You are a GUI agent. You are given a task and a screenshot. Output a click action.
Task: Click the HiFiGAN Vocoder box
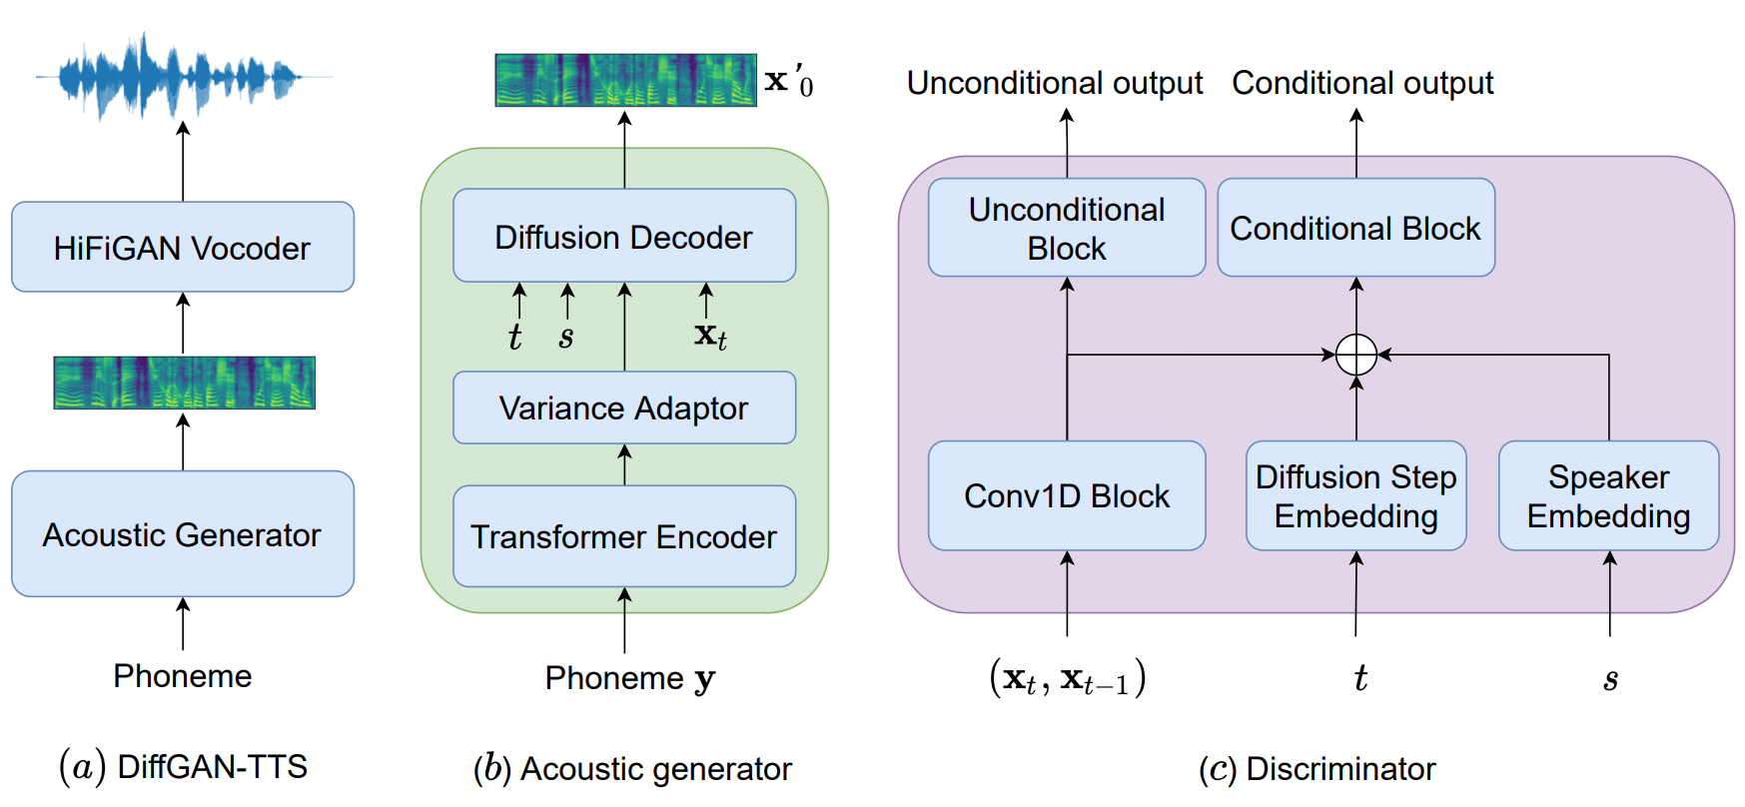click(x=183, y=247)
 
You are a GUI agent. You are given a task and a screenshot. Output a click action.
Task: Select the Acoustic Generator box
click(x=183, y=534)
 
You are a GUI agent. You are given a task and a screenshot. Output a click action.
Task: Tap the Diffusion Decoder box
click(x=624, y=236)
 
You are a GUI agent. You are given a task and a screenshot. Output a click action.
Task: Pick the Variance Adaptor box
click(x=624, y=407)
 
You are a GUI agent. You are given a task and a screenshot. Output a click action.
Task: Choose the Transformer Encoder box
click(x=624, y=536)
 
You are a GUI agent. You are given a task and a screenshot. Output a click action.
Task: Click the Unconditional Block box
click(x=1067, y=228)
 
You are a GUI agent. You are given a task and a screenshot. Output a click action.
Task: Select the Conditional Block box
click(x=1356, y=228)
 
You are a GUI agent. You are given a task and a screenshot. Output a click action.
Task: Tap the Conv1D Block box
click(x=1067, y=495)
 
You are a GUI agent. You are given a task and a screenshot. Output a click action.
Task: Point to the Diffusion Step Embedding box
click(x=1356, y=495)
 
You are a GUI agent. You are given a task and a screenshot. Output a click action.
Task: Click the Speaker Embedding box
click(x=1609, y=495)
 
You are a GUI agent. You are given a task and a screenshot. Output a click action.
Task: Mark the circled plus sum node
click(x=1356, y=355)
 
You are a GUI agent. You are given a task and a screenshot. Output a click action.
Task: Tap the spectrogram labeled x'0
click(x=626, y=80)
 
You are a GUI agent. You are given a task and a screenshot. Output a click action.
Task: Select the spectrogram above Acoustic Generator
click(x=185, y=383)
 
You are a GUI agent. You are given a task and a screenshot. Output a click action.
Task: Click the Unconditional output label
click(x=1055, y=83)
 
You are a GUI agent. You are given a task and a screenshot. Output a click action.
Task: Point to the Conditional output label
click(x=1362, y=83)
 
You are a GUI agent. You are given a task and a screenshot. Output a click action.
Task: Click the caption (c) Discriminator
click(x=1316, y=769)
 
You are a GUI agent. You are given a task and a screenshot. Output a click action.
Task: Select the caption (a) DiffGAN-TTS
click(x=183, y=767)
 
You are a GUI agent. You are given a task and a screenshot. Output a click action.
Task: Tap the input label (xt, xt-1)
click(x=1067, y=678)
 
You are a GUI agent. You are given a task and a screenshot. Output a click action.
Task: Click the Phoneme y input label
click(x=630, y=678)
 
